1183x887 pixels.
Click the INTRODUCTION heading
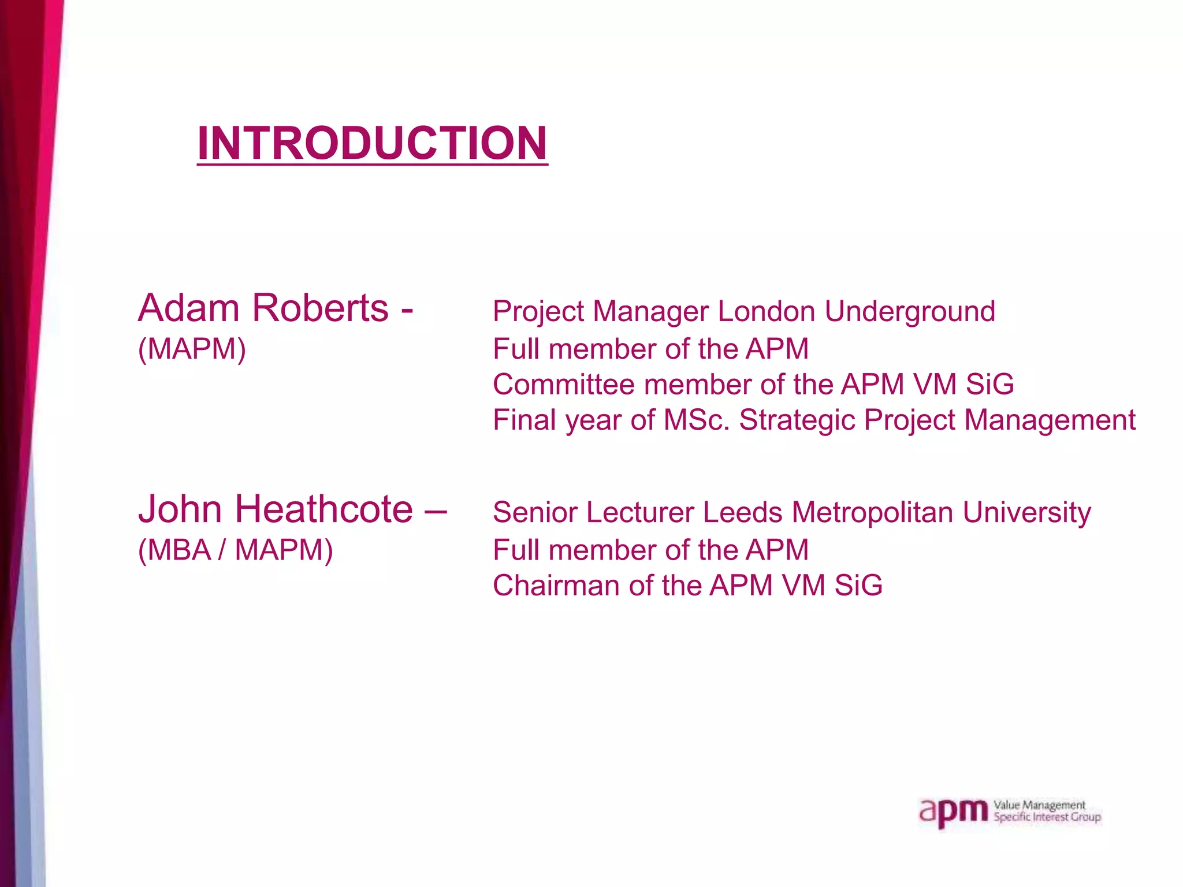tap(372, 143)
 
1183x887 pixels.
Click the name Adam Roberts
tap(263, 308)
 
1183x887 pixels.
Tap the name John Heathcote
tap(276, 509)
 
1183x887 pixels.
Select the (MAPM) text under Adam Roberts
tap(192, 349)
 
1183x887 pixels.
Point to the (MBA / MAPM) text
tap(235, 550)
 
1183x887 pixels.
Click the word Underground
tap(910, 312)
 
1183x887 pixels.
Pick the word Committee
tap(563, 385)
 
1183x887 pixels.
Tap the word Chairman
tap(555, 586)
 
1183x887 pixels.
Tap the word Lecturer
tap(639, 513)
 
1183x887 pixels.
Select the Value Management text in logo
tap(1039, 805)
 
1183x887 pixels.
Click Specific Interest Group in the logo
tap(1047, 818)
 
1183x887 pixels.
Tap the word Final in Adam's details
tap(524, 420)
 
